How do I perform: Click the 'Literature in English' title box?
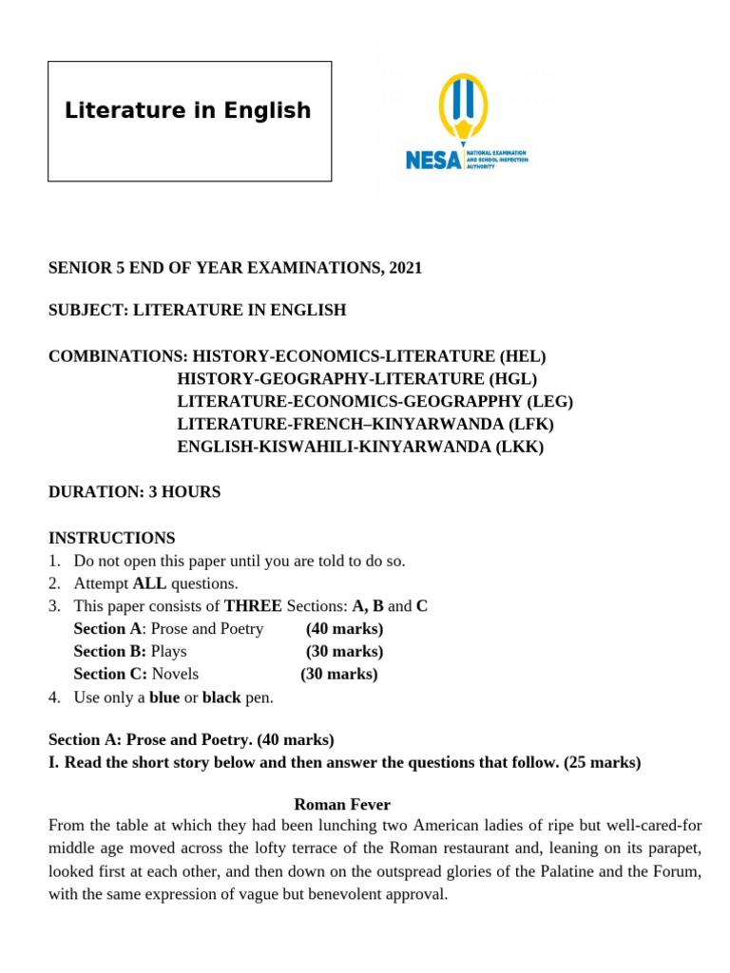pos(189,121)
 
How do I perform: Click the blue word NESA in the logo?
pos(432,160)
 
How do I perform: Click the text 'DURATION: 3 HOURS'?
pos(134,492)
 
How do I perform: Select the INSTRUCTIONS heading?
pos(112,538)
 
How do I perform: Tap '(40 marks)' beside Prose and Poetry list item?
pos(344,629)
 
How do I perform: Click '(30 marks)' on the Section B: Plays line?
pos(344,652)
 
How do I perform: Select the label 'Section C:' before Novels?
pos(110,675)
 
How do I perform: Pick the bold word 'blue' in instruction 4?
pos(164,697)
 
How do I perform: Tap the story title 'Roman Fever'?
pos(342,804)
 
